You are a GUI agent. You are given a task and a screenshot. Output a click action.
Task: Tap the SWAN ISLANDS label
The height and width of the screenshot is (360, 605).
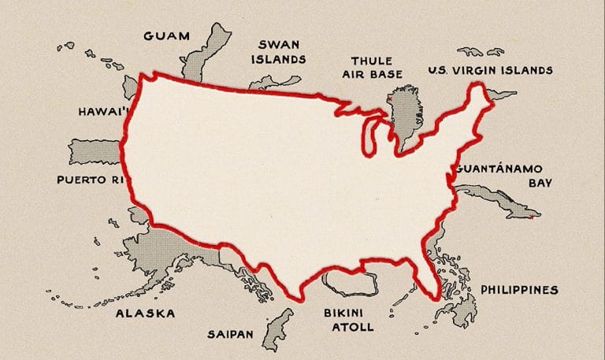[278, 51]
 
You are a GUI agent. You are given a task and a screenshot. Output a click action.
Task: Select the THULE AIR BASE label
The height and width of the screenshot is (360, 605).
[376, 67]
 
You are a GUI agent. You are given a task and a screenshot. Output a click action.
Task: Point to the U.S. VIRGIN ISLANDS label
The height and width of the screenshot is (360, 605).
[490, 71]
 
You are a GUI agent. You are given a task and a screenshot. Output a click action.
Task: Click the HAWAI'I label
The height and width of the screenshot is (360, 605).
[102, 112]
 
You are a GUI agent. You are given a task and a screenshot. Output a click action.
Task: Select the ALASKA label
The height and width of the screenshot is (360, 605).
[145, 314]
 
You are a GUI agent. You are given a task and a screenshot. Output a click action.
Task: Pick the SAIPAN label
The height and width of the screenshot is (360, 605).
[230, 334]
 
